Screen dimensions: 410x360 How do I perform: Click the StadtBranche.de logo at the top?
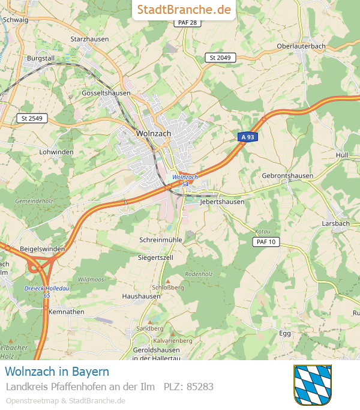pos(184,10)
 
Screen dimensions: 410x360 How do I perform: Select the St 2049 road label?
pos(220,58)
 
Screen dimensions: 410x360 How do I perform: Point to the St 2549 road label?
pos(32,118)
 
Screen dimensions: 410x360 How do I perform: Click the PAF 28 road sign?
pos(188,22)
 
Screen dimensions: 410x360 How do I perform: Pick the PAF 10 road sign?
pos(265,241)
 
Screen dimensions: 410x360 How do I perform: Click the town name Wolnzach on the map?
pos(154,133)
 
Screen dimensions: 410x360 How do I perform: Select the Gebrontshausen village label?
pos(287,175)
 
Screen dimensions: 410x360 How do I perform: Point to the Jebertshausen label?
pos(222,202)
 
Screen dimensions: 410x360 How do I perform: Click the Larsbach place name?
pos(335,223)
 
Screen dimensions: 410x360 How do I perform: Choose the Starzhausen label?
pos(89,39)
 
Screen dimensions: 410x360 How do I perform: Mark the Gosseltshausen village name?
pos(106,94)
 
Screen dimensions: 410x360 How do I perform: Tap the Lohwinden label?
pos(56,152)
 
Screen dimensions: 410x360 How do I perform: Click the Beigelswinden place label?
pos(42,249)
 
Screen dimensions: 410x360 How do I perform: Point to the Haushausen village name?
pos(141,297)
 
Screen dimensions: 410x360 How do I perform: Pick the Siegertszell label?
pos(155,258)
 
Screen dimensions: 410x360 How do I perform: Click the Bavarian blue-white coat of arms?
pos(313,385)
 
